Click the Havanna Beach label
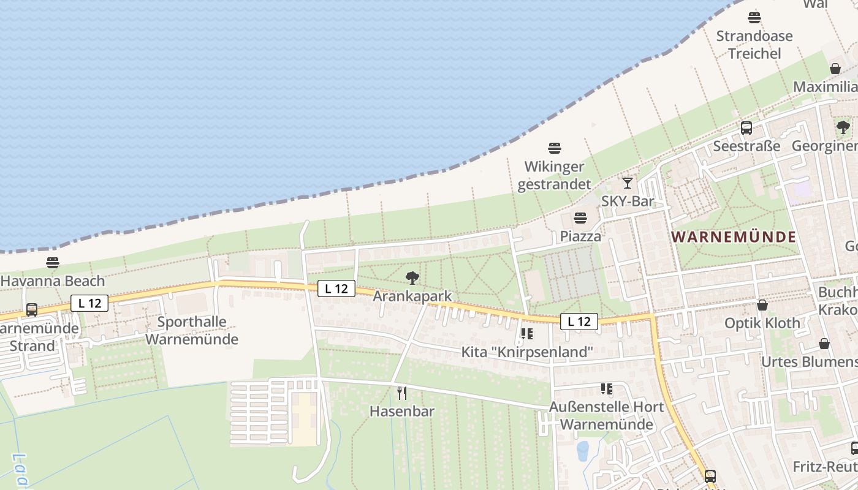53,281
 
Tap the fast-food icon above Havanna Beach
53,263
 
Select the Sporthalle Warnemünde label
192,330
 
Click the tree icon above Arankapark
412,279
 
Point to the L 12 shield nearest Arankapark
336,288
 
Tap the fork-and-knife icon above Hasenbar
402,393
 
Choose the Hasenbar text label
402,411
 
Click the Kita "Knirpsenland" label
527,352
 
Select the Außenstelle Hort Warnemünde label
606,415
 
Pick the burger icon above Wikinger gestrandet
555,148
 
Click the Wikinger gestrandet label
555,175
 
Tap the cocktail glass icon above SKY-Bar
627,183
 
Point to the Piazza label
580,236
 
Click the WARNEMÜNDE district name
734,237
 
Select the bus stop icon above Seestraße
746,128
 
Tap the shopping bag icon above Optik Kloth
762,304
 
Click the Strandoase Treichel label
754,45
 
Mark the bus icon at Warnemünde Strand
32,310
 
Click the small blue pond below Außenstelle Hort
582,450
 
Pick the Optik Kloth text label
762,323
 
